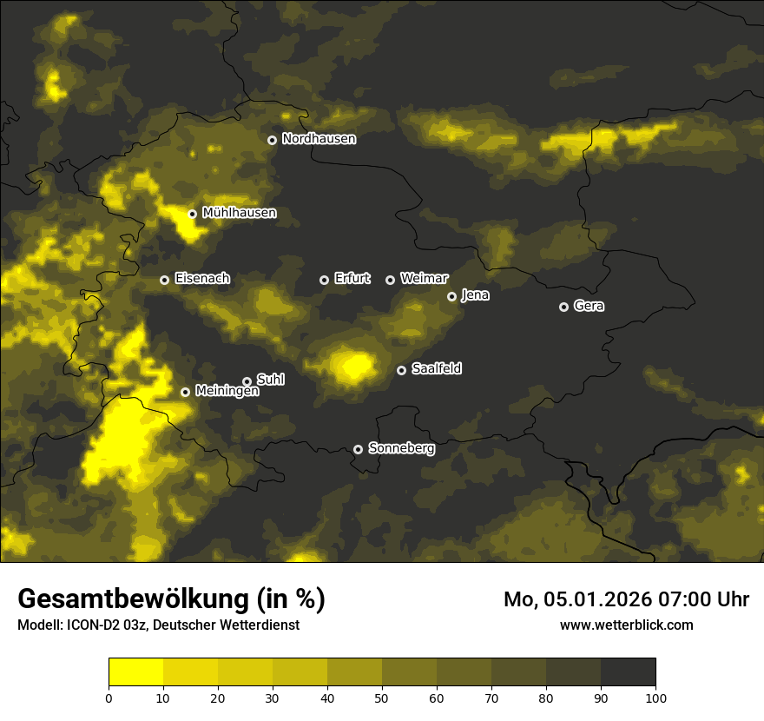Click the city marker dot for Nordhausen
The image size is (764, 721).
point(272,140)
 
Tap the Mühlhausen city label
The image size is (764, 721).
point(239,213)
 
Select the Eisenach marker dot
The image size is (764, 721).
point(164,280)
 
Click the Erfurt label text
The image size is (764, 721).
point(352,279)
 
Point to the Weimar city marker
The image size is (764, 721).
point(390,280)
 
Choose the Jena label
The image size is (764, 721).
point(475,295)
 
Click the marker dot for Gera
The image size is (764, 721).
point(563,307)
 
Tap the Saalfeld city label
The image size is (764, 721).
point(436,369)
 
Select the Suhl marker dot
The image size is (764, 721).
point(247,381)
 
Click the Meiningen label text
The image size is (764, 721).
point(227,392)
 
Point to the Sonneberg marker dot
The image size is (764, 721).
point(358,449)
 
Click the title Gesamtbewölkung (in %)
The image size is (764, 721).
point(171,599)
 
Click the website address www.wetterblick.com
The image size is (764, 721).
point(626,625)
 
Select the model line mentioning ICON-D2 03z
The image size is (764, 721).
point(158,625)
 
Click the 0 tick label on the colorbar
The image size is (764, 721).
point(109,698)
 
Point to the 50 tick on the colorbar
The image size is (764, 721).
point(382,698)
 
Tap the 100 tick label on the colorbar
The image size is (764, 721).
point(655,698)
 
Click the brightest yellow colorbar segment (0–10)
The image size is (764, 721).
point(135,672)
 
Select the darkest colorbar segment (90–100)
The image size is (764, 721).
point(628,672)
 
